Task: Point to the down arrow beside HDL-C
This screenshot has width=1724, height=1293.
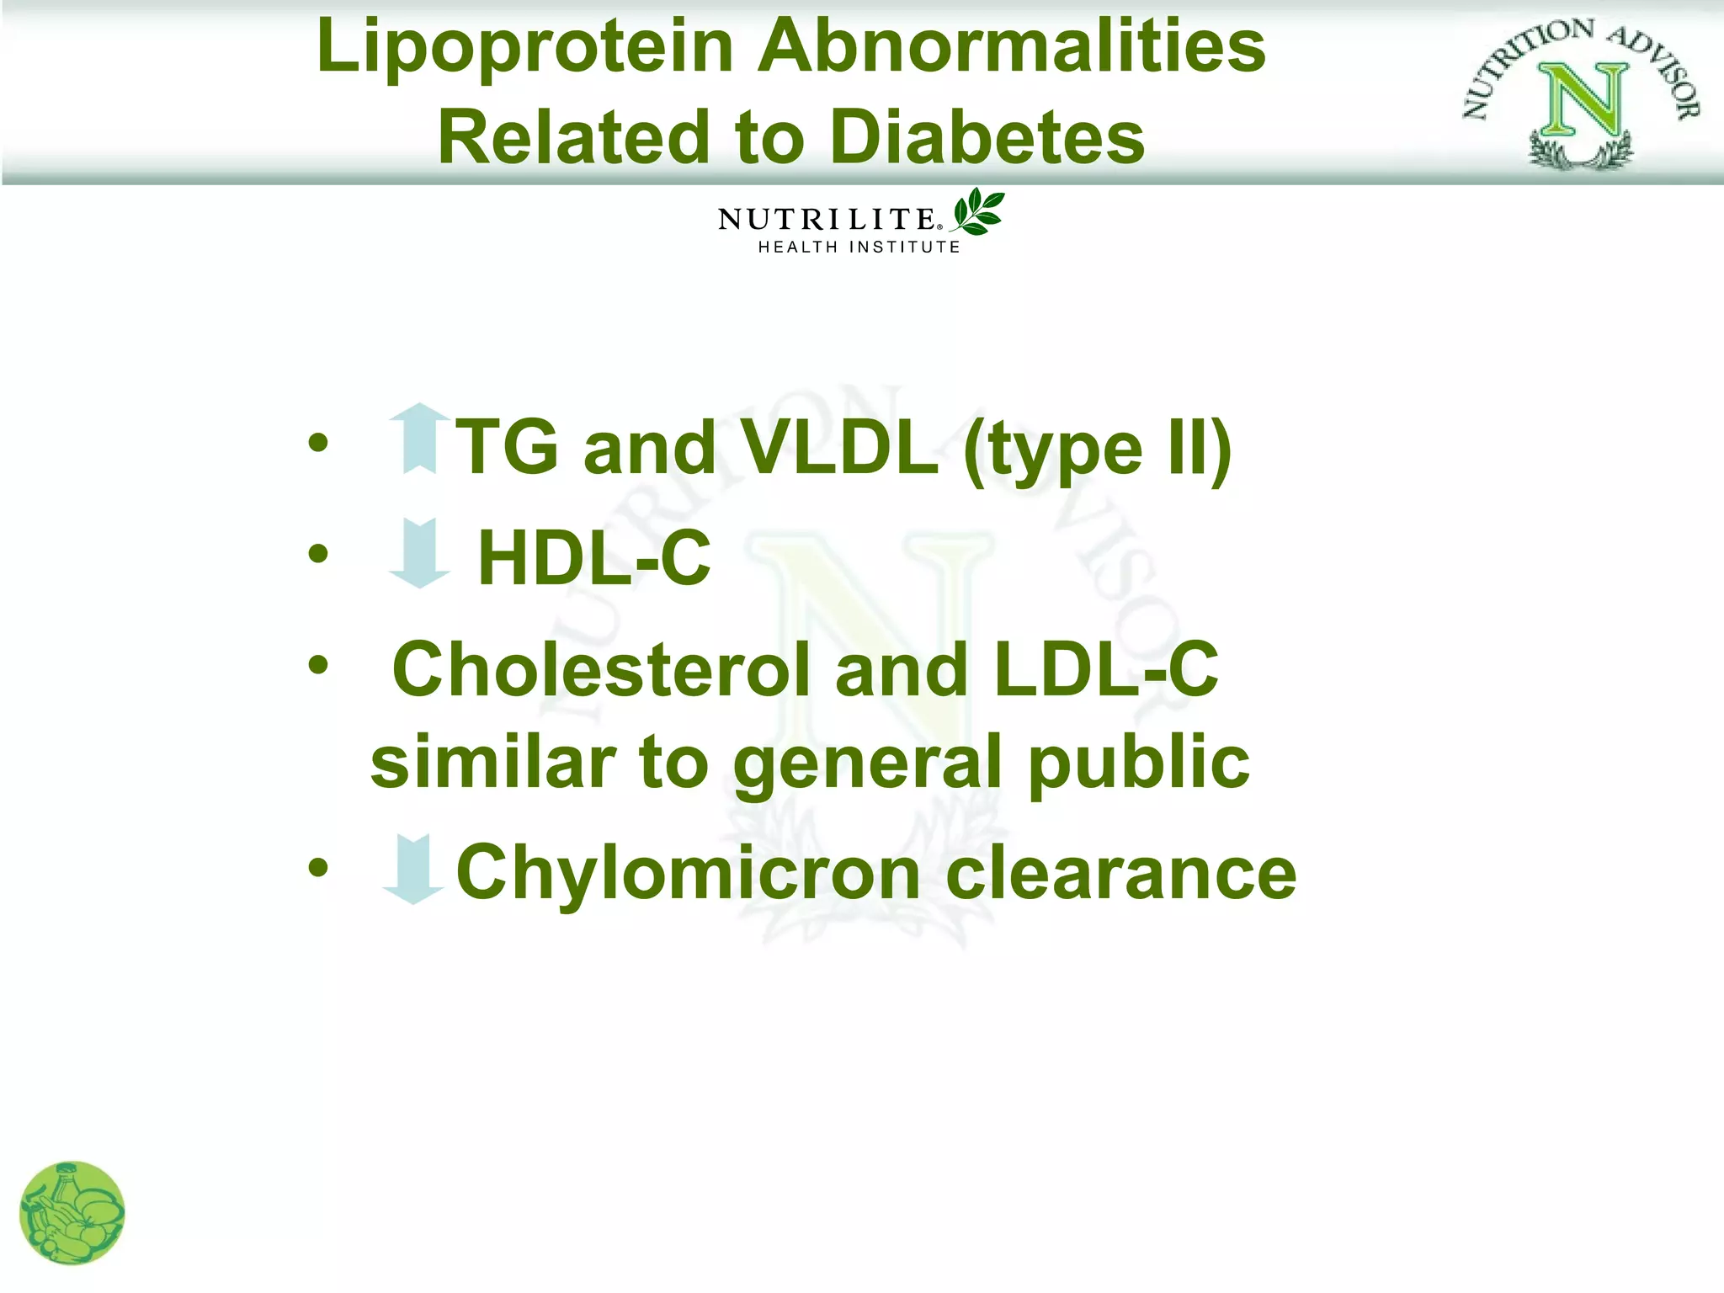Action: tap(419, 553)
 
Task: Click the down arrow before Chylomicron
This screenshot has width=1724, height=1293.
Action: tap(412, 869)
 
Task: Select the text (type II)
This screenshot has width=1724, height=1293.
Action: tap(1098, 450)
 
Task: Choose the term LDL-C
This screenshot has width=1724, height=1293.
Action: tap(1105, 669)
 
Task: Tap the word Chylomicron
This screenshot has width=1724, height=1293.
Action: tap(689, 873)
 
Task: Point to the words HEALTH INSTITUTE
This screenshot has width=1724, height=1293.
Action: tap(859, 247)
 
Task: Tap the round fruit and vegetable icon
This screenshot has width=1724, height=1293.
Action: tap(72, 1212)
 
